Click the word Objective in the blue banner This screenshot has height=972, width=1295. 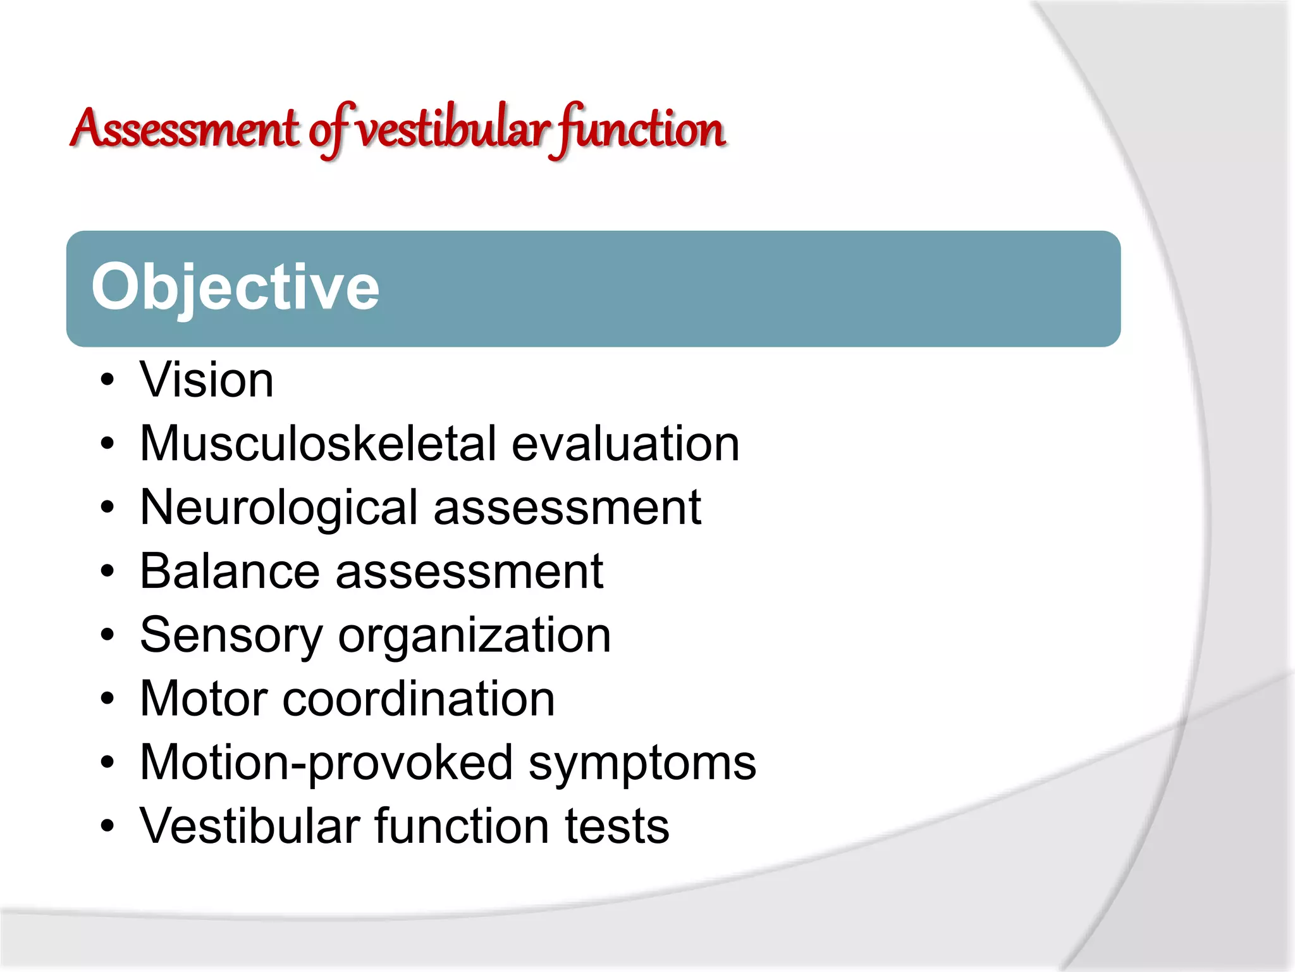coord(235,288)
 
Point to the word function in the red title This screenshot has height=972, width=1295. coord(639,129)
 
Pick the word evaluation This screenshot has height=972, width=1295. coord(625,444)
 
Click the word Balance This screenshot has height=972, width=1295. coord(230,571)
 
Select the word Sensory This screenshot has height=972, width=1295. coord(231,635)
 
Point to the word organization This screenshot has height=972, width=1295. coord(474,635)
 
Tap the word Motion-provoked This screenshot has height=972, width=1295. coord(326,763)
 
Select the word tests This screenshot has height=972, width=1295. coord(617,826)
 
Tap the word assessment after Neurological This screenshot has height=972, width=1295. coord(567,508)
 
